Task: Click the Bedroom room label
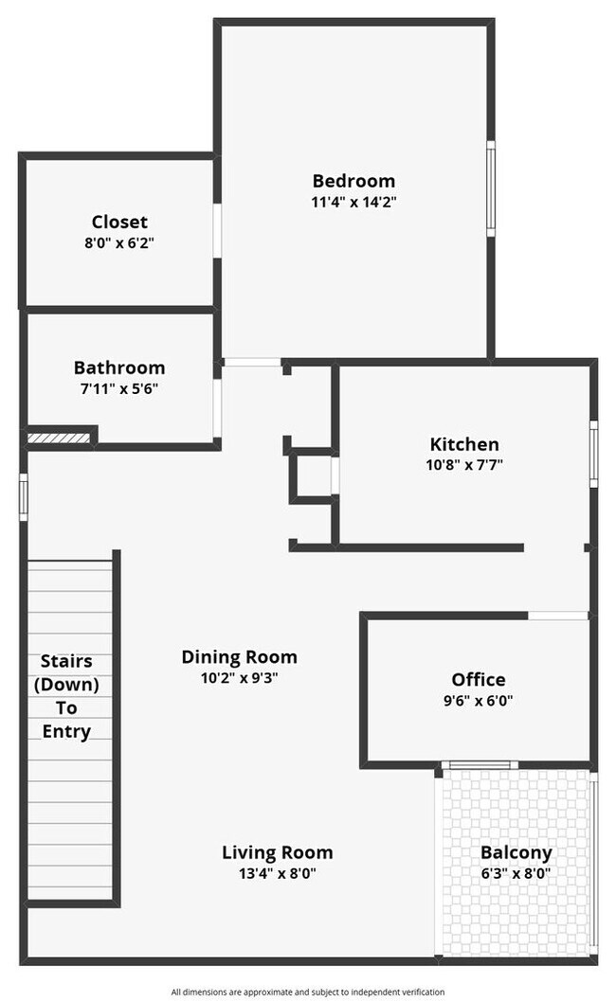[353, 181]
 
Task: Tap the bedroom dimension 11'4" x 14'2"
[353, 202]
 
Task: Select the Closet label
[119, 222]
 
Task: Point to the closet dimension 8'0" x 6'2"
[119, 242]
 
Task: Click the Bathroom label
[119, 367]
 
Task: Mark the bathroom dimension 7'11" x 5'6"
[119, 388]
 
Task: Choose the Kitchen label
[464, 444]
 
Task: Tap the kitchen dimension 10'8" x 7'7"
[464, 465]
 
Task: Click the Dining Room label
[239, 656]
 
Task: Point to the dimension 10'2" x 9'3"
[239, 677]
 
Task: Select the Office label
[478, 679]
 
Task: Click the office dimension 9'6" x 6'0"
[478, 701]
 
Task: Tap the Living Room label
[277, 852]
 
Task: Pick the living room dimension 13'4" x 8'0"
[277, 874]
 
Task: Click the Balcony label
[516, 852]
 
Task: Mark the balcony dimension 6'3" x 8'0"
[516, 874]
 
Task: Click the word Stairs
[66, 661]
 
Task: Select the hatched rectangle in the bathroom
[59, 438]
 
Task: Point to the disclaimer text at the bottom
[308, 992]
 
